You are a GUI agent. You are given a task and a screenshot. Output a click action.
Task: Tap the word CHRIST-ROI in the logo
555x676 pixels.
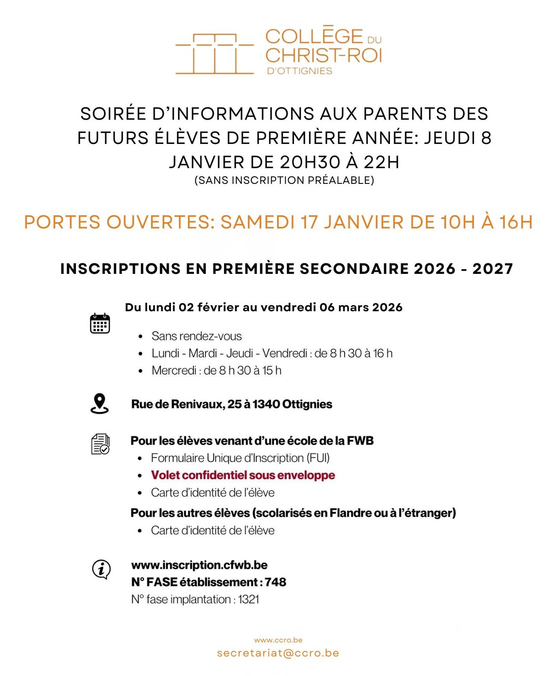tap(324, 55)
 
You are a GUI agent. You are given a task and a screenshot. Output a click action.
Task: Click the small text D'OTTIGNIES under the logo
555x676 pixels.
tap(300, 71)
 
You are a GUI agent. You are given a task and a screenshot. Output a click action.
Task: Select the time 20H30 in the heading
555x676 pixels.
tap(310, 162)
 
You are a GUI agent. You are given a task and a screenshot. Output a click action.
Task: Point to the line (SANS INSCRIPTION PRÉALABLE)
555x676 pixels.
tap(284, 180)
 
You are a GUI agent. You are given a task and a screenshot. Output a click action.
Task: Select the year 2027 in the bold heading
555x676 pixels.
tap(493, 269)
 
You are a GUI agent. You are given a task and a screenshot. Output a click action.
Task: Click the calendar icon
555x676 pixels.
tap(100, 324)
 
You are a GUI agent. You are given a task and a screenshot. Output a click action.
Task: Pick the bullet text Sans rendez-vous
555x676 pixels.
tap(196, 336)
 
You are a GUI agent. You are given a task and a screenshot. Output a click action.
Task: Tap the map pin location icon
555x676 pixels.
tap(100, 403)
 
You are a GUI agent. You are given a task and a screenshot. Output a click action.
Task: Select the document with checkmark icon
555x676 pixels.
tap(101, 444)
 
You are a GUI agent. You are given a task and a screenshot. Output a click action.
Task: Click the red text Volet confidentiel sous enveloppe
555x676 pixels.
tap(243, 475)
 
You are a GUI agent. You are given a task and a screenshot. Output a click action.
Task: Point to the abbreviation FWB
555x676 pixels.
tap(360, 441)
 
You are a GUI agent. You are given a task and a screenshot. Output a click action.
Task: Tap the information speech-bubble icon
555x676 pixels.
tap(101, 569)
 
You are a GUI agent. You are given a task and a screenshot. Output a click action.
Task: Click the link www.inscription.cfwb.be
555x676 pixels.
tap(199, 565)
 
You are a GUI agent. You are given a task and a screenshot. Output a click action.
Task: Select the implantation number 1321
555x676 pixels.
tap(249, 600)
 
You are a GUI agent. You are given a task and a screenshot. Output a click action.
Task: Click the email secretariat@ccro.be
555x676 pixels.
tap(278, 653)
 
